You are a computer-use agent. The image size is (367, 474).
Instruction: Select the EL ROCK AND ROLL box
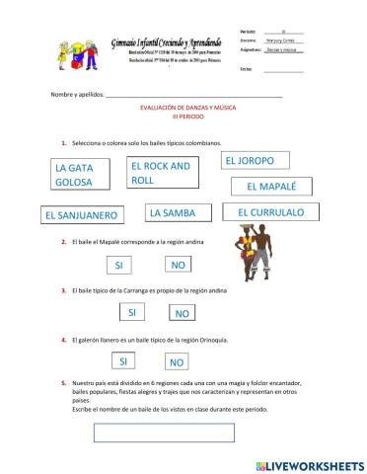click(x=163, y=173)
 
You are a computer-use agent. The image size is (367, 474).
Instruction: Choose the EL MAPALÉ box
click(x=270, y=187)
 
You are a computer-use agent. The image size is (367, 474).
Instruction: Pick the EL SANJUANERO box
click(x=83, y=214)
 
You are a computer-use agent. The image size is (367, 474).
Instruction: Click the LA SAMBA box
click(x=179, y=212)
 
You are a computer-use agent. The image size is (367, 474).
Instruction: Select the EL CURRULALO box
click(x=270, y=212)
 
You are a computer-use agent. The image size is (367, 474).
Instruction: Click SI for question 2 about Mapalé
click(x=118, y=266)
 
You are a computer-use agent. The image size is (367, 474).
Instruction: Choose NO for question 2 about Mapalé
click(x=179, y=266)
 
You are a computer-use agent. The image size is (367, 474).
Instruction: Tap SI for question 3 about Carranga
click(x=131, y=313)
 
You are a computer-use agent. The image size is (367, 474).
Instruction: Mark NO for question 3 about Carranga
click(x=182, y=314)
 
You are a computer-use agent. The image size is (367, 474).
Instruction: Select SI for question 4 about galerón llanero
click(x=124, y=361)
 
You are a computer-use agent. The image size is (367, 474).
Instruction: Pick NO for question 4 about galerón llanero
click(x=177, y=362)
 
